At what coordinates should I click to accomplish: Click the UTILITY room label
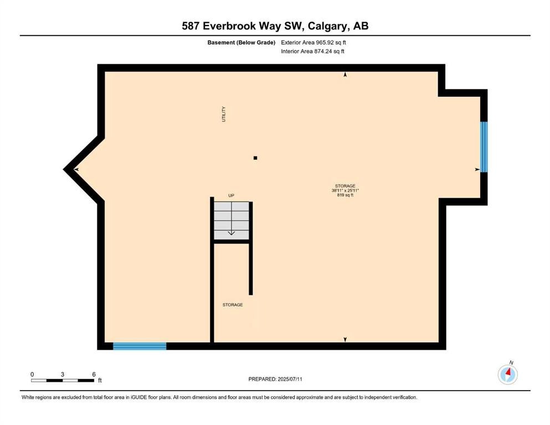(x=224, y=114)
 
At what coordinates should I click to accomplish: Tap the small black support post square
(x=255, y=158)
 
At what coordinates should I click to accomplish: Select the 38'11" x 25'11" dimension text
(x=345, y=190)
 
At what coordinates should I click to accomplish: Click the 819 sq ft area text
(x=345, y=195)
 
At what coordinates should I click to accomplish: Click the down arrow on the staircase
(x=232, y=232)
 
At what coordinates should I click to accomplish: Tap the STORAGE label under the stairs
(x=233, y=305)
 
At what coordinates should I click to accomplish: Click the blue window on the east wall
(x=484, y=147)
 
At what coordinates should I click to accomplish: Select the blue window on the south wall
(x=140, y=346)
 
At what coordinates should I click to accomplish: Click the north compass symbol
(x=508, y=374)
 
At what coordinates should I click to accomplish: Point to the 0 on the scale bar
(x=32, y=375)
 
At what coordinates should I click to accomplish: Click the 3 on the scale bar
(x=63, y=375)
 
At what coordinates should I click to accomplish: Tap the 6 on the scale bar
(x=94, y=375)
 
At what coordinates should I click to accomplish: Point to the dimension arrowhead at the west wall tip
(x=76, y=169)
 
